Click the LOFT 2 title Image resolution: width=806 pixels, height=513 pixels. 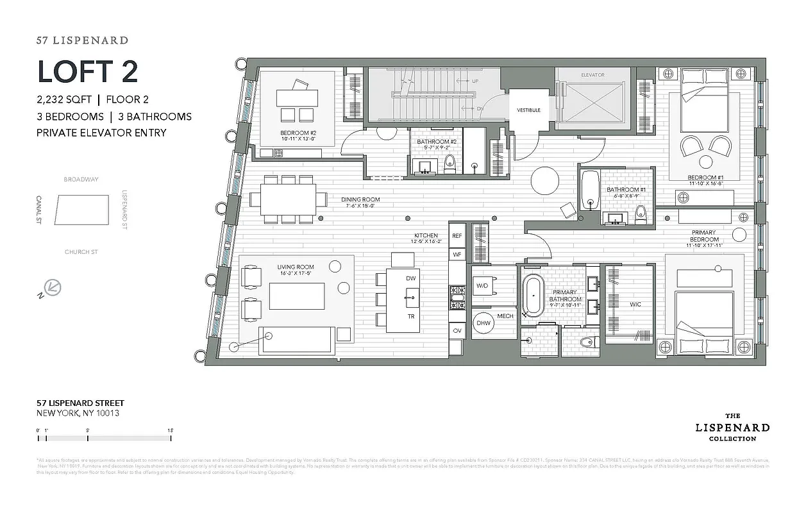[88, 71]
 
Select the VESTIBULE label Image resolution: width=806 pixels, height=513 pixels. [528, 110]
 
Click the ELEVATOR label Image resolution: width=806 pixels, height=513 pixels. [592, 75]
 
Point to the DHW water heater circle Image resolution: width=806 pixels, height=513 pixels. [483, 323]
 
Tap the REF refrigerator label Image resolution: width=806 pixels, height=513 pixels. [457, 236]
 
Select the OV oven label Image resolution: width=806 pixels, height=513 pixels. [457, 330]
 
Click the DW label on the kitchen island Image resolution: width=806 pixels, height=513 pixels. [410, 278]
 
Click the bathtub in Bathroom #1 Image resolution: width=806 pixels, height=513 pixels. [591, 190]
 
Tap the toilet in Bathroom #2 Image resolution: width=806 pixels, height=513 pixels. [449, 164]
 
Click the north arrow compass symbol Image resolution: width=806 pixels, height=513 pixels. [50, 287]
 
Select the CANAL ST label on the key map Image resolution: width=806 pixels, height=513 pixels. [39, 210]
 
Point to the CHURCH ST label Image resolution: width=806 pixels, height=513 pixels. [81, 252]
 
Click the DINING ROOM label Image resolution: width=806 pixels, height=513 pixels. [361, 199]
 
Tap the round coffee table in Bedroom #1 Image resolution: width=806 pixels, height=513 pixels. [707, 162]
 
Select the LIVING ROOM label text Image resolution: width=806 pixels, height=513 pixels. [296, 267]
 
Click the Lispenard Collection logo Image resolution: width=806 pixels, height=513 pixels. [732, 427]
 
